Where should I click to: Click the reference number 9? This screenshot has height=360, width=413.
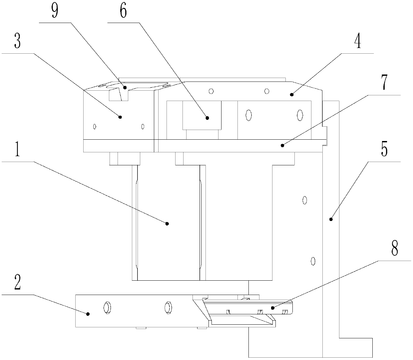point(55,11)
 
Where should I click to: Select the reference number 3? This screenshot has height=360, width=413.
point(18,42)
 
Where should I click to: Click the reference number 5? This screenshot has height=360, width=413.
point(384,151)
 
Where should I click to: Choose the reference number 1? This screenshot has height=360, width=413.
point(18,151)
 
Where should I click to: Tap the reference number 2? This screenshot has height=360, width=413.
point(18,284)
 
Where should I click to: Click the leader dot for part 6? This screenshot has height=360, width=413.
point(207,117)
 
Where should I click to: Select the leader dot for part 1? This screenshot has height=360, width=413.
point(168,223)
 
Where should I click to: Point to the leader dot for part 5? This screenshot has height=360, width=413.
point(331,219)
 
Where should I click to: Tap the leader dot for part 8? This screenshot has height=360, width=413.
point(272,308)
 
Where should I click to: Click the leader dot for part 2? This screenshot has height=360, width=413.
point(88,314)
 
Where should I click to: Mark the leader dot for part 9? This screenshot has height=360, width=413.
point(125,88)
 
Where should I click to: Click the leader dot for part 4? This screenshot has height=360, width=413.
point(292,95)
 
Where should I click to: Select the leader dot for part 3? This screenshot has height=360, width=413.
point(121,117)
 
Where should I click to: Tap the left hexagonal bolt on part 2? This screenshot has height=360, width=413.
point(107,307)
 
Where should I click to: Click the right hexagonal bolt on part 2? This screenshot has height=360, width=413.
point(168,307)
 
